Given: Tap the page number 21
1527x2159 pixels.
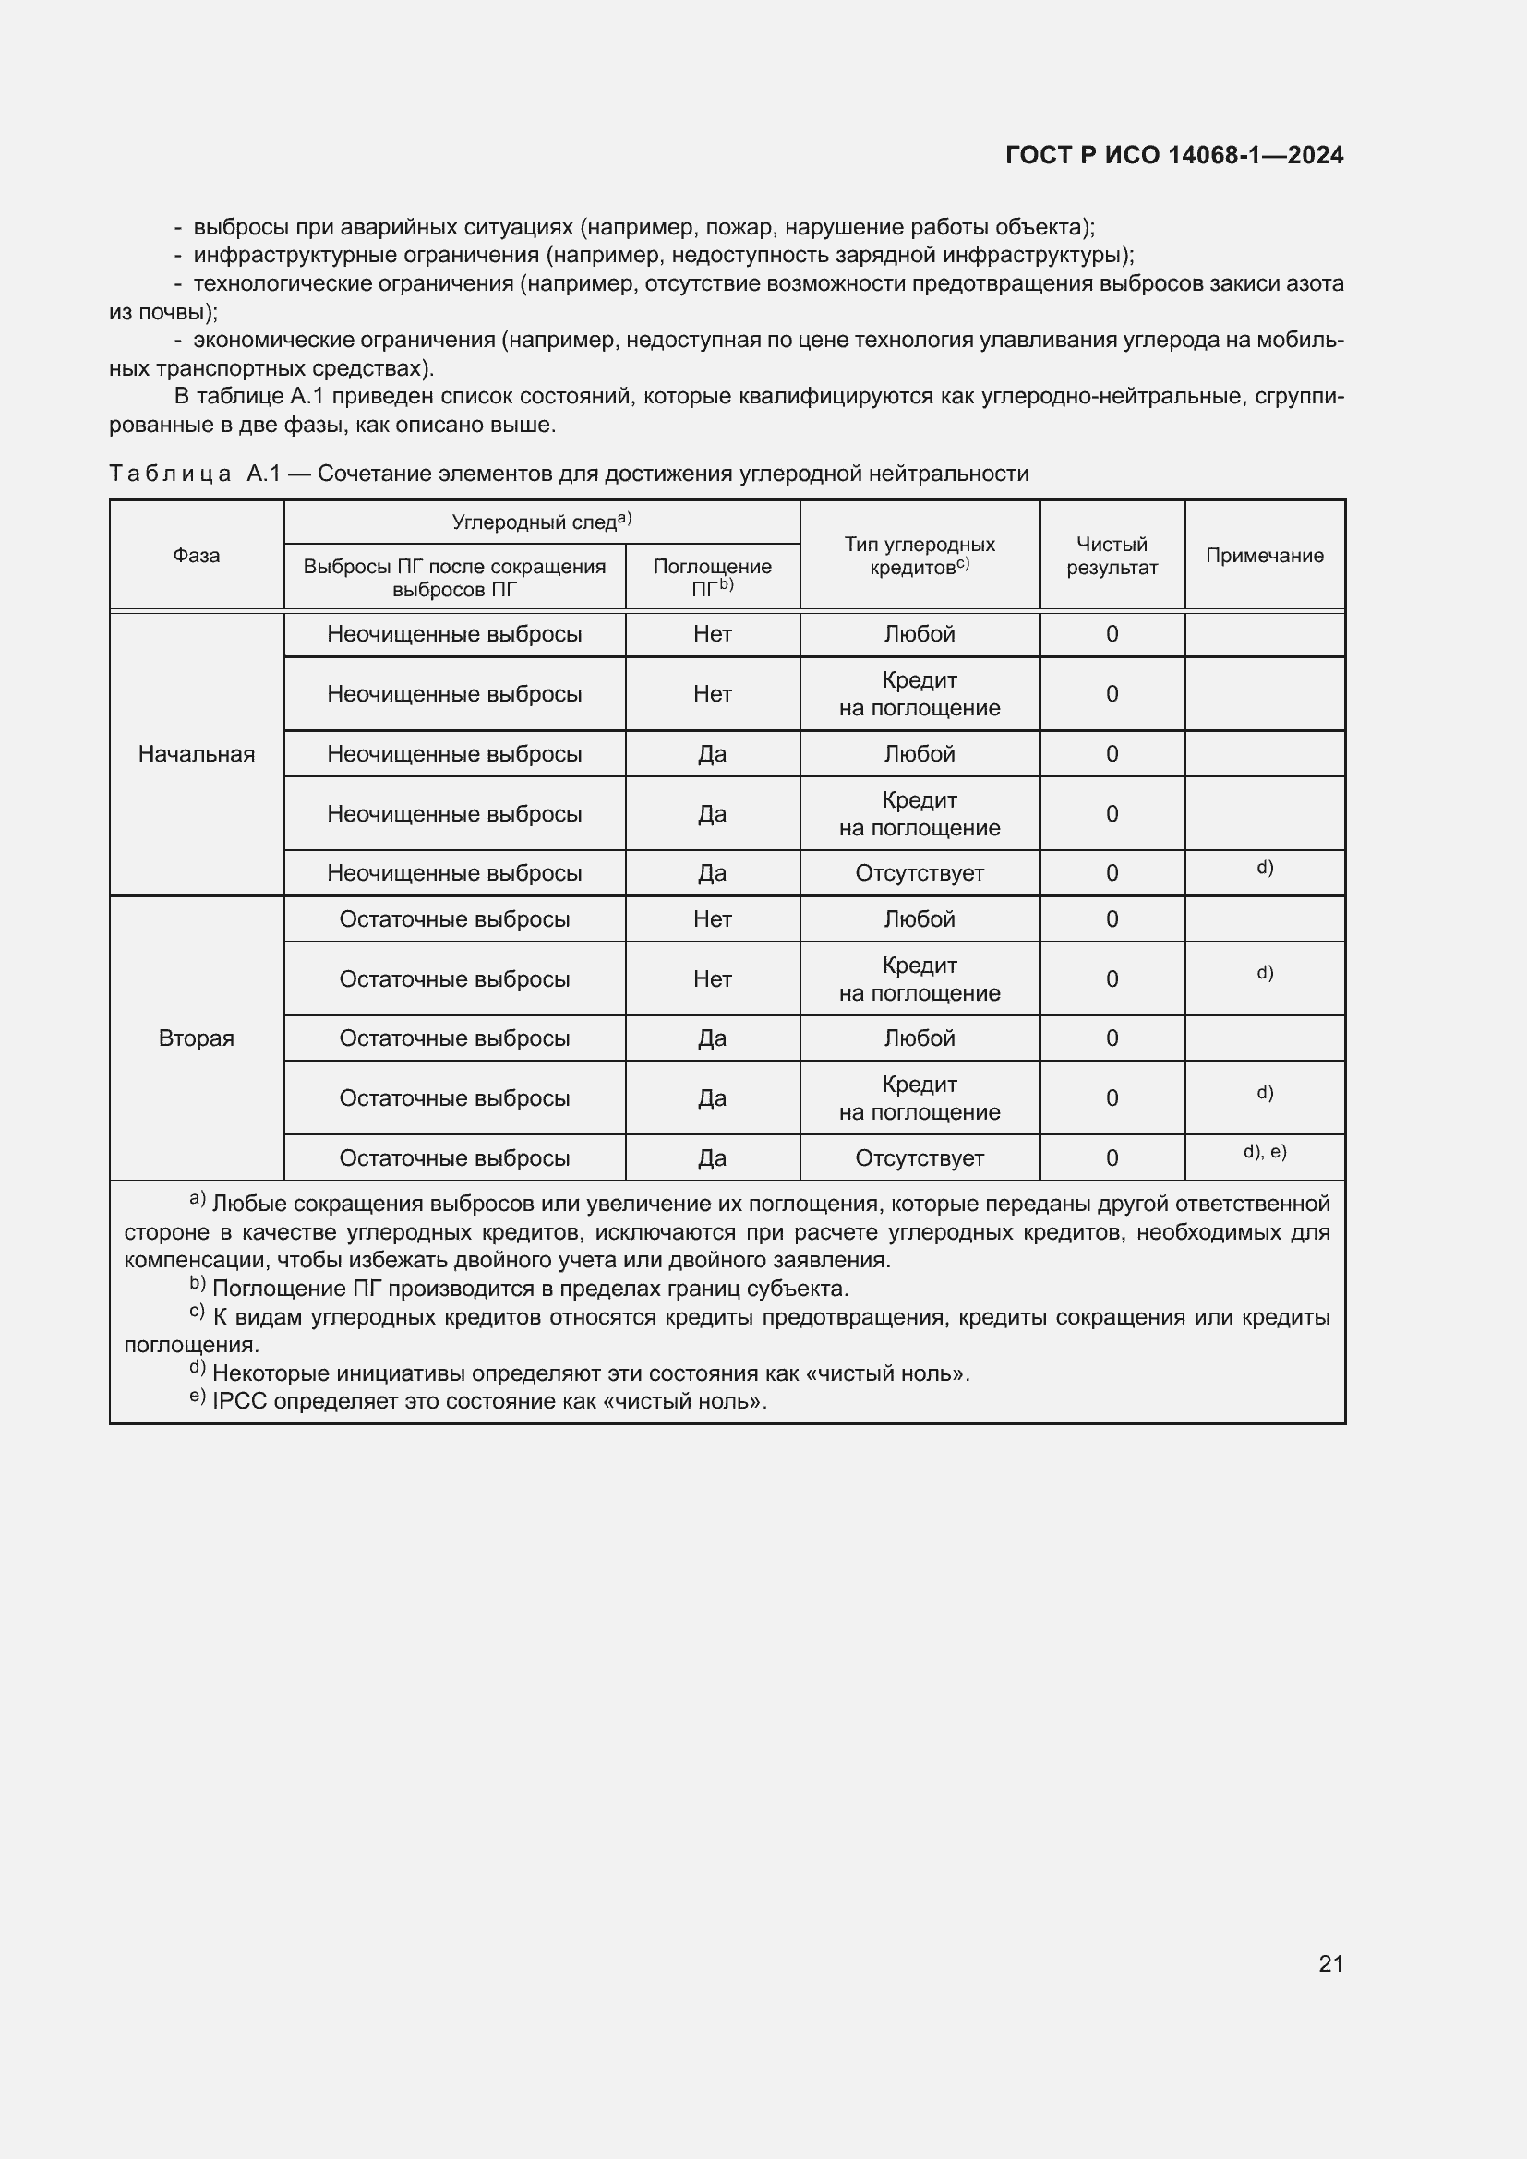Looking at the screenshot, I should (x=1330, y=1963).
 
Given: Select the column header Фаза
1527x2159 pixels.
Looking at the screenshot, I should (x=197, y=555).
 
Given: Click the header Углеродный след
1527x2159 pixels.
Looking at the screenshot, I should (x=534, y=522).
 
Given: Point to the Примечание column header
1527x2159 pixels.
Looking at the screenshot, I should (x=1265, y=555).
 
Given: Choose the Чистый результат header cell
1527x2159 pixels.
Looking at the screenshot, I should (x=1112, y=555).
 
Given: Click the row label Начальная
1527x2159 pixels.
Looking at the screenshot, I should (x=197, y=753).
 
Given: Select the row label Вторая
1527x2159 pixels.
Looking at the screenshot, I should (x=197, y=1038).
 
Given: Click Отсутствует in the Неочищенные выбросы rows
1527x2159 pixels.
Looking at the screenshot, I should (x=919, y=872).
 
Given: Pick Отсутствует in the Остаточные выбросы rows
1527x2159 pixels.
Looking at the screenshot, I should (x=919, y=1157).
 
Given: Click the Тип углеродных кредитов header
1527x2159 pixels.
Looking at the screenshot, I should (x=919, y=555).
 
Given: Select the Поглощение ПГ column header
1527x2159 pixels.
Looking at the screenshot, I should (x=712, y=576).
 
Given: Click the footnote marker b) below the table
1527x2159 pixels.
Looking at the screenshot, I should (x=198, y=1285).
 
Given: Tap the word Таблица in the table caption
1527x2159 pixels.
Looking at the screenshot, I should (x=170, y=473).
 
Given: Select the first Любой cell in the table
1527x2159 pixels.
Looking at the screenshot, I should (x=919, y=634).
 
